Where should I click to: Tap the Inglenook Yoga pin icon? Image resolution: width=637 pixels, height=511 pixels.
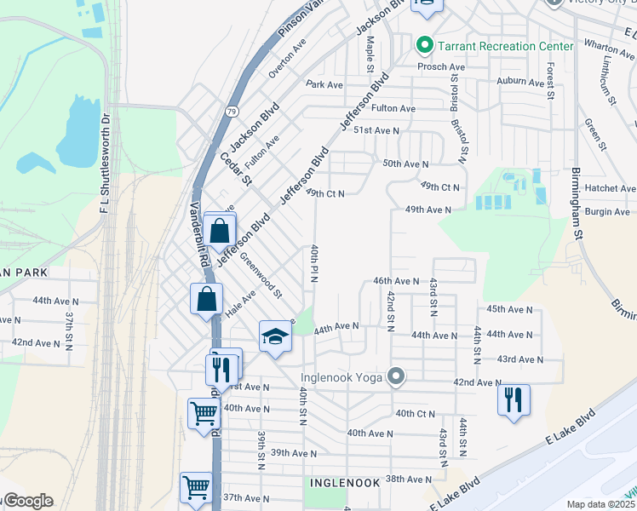(395, 376)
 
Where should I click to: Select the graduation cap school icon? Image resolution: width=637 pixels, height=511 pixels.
(276, 337)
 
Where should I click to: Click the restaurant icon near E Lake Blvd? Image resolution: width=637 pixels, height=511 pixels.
(514, 399)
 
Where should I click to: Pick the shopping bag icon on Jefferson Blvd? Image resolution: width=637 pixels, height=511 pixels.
(220, 230)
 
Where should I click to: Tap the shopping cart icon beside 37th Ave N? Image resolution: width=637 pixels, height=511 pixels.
(196, 488)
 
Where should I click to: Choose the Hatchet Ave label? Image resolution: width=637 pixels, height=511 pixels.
(611, 188)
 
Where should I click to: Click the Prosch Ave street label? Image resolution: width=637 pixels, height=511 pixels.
(440, 66)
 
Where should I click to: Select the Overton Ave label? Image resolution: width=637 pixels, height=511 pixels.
(287, 58)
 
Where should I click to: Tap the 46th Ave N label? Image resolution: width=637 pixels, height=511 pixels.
(396, 281)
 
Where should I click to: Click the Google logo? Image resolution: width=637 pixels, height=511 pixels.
(28, 501)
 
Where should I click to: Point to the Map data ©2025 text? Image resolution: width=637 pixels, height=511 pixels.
(600, 504)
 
